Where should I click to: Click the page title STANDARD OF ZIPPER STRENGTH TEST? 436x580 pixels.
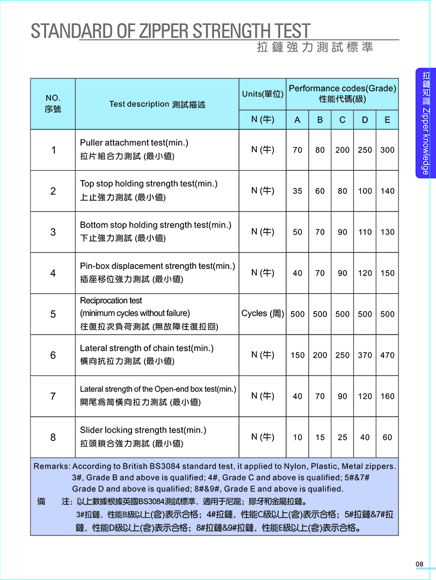click(x=170, y=31)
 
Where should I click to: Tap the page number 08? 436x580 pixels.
click(x=419, y=564)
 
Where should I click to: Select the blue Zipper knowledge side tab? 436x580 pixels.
click(x=425, y=123)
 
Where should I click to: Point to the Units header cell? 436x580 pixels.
click(x=263, y=94)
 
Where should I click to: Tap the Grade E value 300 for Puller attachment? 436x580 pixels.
click(x=387, y=150)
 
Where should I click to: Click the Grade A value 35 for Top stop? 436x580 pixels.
click(x=297, y=191)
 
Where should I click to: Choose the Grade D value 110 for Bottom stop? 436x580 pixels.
click(x=365, y=232)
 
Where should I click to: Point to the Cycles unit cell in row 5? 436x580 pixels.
click(x=263, y=314)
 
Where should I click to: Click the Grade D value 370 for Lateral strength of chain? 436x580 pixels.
click(x=365, y=355)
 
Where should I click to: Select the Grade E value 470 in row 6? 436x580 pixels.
click(x=387, y=355)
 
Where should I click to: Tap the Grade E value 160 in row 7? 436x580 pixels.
click(x=387, y=396)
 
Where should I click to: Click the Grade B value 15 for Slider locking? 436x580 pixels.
click(x=320, y=437)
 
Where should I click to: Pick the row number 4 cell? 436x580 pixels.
click(x=53, y=273)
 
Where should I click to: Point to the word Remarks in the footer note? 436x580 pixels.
click(x=52, y=466)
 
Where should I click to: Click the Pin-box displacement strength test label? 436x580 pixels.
click(x=157, y=266)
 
